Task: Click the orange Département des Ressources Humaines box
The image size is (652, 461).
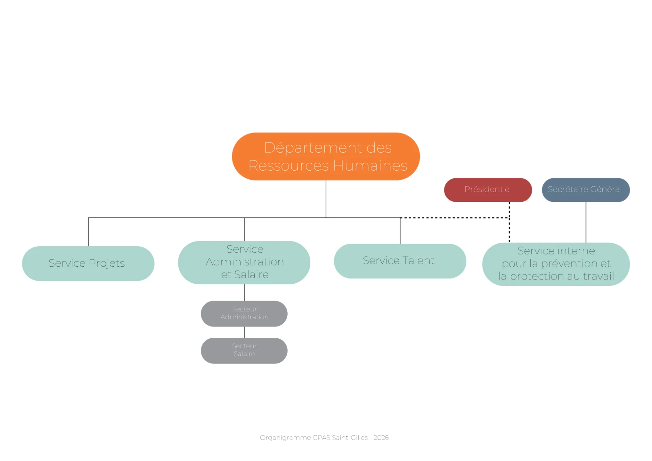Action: pos(326,156)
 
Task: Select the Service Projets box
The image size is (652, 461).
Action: pos(88,263)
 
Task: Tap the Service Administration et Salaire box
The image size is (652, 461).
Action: pos(244,262)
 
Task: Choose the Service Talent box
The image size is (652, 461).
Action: pos(400,261)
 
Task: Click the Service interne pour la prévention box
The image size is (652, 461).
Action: pos(556,264)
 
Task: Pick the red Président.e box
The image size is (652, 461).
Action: pos(488,190)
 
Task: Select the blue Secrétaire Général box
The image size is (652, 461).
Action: pos(586,190)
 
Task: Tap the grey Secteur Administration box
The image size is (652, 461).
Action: pos(244,314)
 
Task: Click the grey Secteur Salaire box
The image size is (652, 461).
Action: pos(244,351)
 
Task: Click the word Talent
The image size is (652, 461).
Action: pos(419,261)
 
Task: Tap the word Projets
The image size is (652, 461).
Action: pos(107,264)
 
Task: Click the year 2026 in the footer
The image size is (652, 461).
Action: pos(381,438)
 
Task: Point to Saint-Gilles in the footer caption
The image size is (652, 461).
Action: pos(350,438)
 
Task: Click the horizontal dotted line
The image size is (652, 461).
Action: pos(455,218)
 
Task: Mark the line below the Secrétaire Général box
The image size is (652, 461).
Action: pos(586,222)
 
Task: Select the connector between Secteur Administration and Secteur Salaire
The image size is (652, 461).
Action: pos(244,332)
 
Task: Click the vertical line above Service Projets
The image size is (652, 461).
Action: pos(88,232)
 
